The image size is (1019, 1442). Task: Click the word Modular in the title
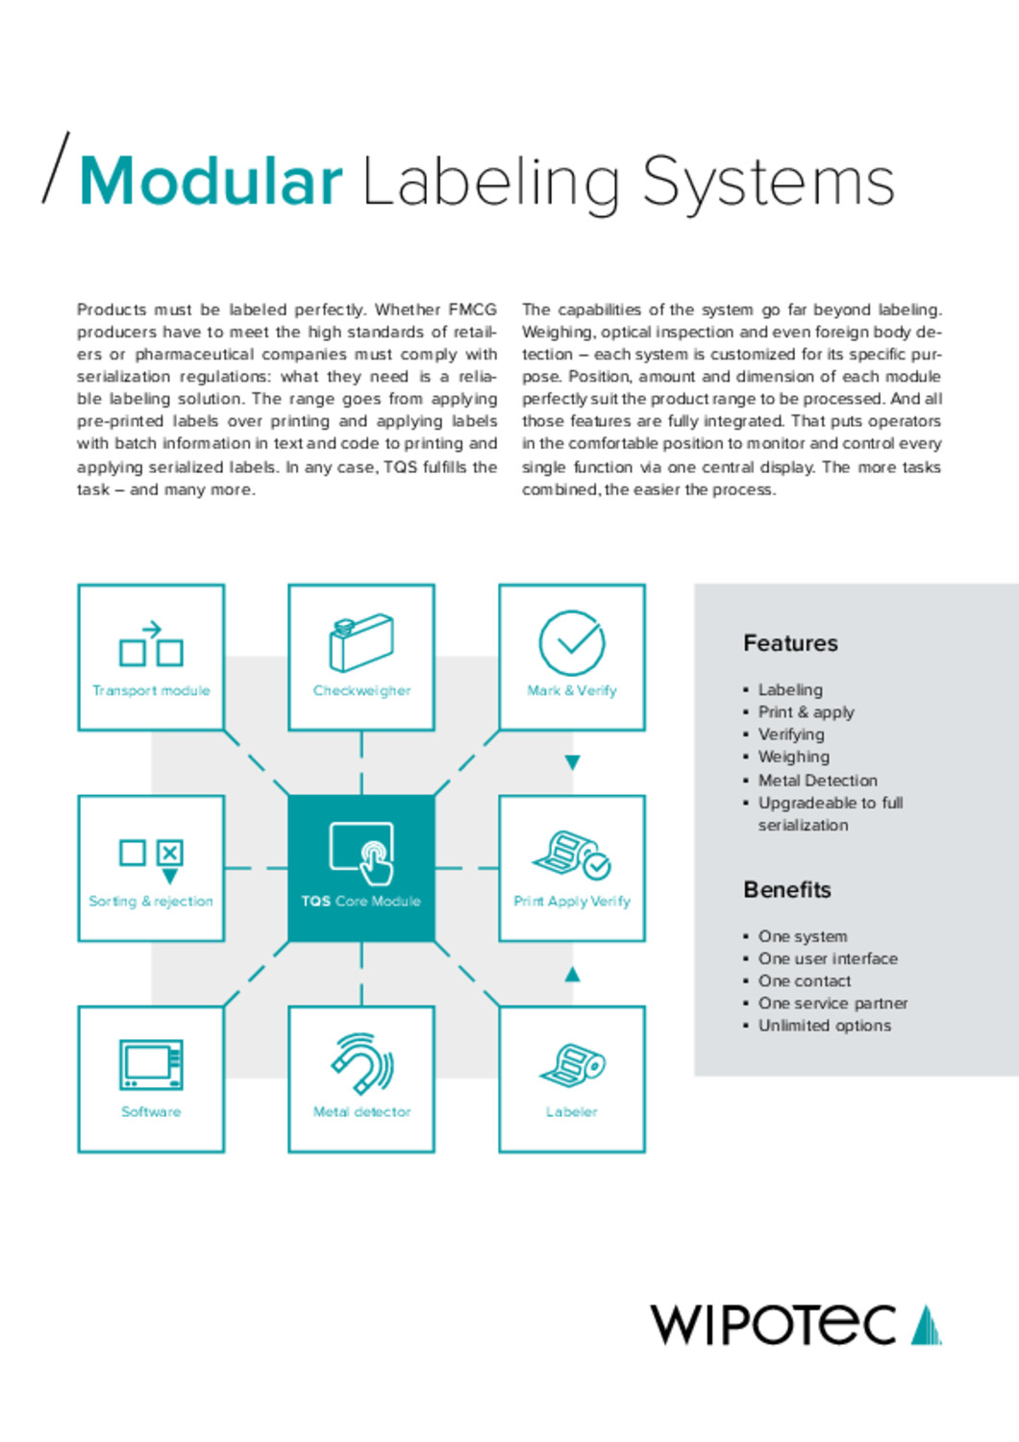[211, 181]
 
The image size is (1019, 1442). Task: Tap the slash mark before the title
[56, 167]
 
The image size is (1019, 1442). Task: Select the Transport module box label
[151, 690]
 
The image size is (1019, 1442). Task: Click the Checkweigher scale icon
[361, 641]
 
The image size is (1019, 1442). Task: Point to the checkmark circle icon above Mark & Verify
[572, 642]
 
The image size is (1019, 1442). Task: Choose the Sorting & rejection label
[151, 901]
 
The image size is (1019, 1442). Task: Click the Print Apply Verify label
[572, 901]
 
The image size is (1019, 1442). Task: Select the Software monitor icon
[151, 1064]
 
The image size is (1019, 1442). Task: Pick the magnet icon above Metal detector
[361, 1063]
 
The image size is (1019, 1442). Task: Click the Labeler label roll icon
[572, 1064]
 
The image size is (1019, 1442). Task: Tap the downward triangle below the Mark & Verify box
[572, 762]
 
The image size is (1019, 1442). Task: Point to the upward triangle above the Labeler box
[572, 974]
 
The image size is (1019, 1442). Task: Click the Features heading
[790, 643]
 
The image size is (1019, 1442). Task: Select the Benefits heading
[787, 889]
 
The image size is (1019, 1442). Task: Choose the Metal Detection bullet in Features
[817, 781]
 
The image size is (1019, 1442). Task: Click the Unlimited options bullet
[824, 1026]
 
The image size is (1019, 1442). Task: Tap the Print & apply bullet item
[806, 712]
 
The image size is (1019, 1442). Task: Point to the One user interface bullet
[828, 958]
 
